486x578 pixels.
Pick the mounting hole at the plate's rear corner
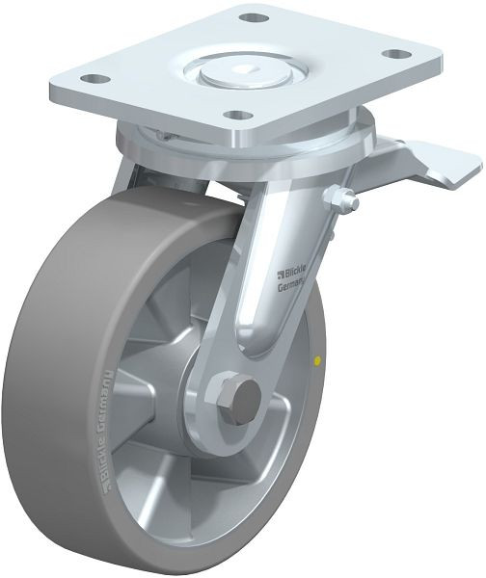[x=252, y=17]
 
